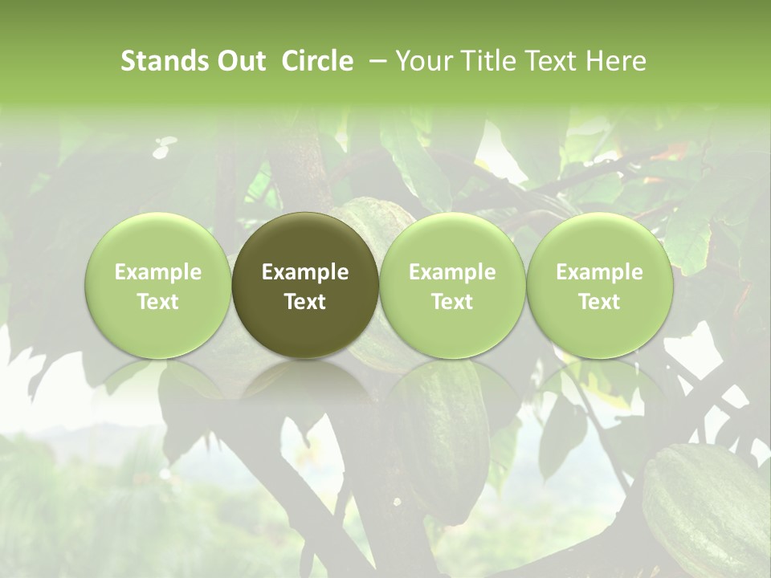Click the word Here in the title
click(x=616, y=61)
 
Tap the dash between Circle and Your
click(x=375, y=61)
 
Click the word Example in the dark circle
click(x=305, y=272)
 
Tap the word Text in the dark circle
click(x=305, y=302)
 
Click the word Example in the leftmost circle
click(x=158, y=272)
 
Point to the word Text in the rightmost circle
click(x=599, y=302)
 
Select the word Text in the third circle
click(x=452, y=302)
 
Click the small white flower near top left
click(x=165, y=145)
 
